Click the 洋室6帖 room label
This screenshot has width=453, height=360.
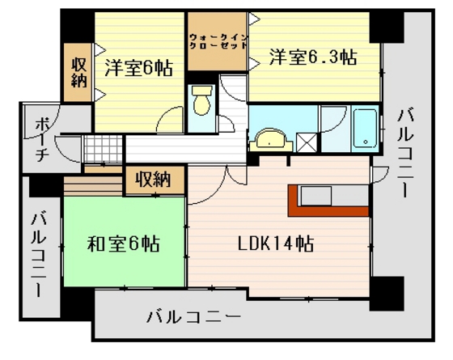138,69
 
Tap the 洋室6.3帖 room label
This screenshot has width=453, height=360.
313,57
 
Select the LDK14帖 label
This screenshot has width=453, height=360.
276,243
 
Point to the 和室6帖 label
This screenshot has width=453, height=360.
123,243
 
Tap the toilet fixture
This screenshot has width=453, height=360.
201,101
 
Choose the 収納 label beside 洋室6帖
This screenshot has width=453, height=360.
78,70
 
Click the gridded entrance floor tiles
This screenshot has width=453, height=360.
101,149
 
